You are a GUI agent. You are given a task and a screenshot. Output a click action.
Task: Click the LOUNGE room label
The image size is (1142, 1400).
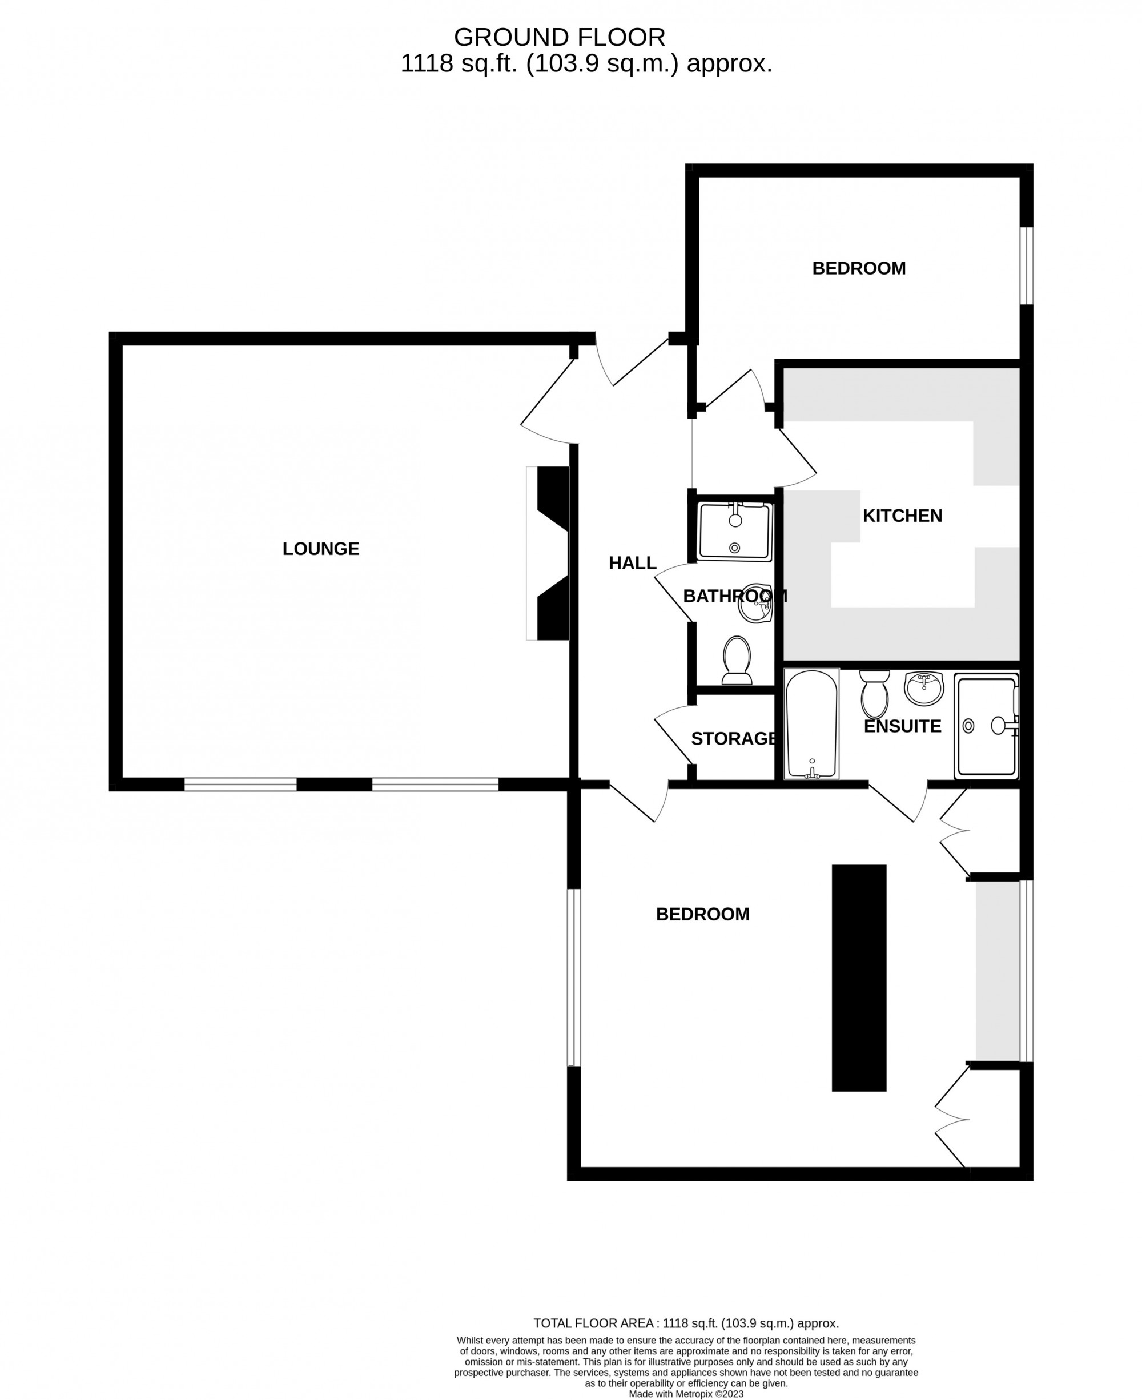[321, 549]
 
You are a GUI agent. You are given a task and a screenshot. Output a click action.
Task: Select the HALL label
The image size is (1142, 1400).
[632, 563]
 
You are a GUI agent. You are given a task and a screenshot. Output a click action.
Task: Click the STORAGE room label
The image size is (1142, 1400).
[734, 738]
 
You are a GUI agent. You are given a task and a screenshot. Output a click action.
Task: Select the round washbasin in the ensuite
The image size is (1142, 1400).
[924, 687]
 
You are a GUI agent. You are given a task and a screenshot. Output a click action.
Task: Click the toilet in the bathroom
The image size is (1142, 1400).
[737, 660]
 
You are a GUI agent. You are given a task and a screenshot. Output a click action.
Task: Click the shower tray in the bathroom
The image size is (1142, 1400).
[735, 532]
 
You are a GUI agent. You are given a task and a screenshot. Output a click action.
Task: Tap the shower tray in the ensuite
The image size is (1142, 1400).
[986, 726]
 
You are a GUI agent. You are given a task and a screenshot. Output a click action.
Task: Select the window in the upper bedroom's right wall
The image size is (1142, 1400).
[1026, 266]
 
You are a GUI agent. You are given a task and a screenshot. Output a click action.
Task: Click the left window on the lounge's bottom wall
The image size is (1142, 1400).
[240, 784]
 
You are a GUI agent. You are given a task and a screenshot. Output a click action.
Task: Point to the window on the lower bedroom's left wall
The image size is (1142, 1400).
[574, 977]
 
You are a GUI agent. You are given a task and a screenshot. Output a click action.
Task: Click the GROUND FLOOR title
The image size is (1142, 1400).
[559, 38]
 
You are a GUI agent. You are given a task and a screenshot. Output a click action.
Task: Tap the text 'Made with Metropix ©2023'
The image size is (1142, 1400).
[686, 1393]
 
